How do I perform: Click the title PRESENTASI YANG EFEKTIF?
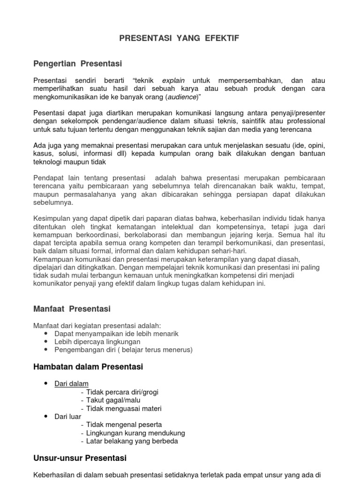[x=180, y=38]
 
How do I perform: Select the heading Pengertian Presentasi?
[x=78, y=63]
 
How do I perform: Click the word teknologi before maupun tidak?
[x=50, y=162]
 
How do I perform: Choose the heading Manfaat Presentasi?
[x=72, y=309]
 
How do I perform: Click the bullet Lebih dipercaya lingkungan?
[x=97, y=342]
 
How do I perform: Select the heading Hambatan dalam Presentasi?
[x=88, y=367]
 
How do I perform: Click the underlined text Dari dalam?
[x=71, y=383]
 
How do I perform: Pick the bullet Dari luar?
[x=68, y=416]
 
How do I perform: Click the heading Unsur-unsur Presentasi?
[x=80, y=457]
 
